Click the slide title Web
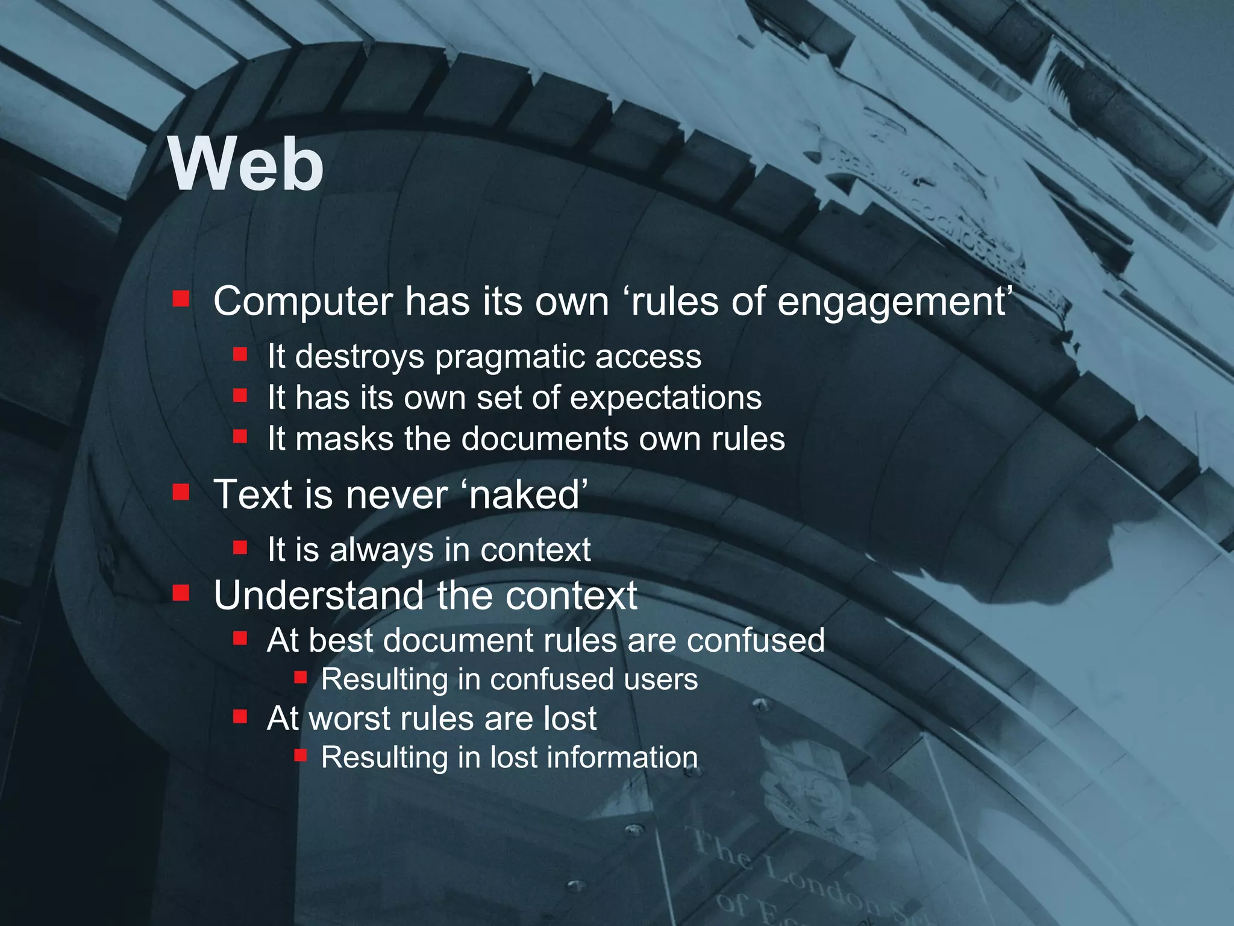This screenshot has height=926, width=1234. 246,164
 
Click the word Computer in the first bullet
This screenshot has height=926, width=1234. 302,301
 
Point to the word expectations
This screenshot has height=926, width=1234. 666,398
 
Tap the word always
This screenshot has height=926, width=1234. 381,550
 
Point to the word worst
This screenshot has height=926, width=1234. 348,719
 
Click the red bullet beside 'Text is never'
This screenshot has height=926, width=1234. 181,493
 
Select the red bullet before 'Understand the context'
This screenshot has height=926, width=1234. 181,594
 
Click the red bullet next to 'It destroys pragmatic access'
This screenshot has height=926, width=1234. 240,354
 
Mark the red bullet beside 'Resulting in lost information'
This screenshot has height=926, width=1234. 301,755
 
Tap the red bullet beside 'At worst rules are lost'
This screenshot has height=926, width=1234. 240,716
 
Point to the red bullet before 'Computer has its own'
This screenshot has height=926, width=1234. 181,299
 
